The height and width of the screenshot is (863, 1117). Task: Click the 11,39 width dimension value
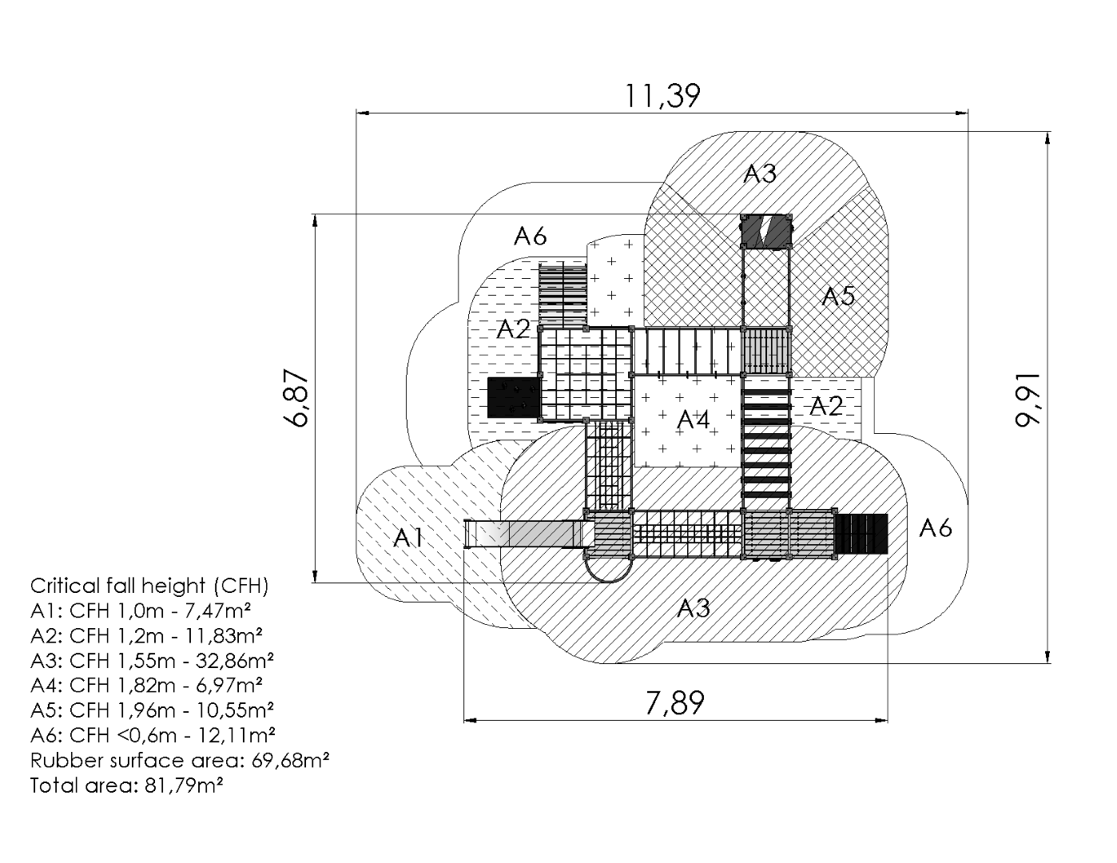[x=662, y=96]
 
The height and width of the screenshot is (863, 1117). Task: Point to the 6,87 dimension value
[x=298, y=398]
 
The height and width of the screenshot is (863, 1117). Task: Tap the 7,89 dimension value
[x=675, y=704]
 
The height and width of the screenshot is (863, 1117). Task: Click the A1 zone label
[x=408, y=538]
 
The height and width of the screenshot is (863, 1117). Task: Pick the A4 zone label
[x=694, y=419]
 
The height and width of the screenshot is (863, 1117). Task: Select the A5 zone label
[x=839, y=296]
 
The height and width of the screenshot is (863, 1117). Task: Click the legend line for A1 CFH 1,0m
[x=141, y=610]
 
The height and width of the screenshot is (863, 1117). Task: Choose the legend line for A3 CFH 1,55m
[x=153, y=660]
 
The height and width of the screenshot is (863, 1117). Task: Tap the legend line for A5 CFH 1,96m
[x=153, y=710]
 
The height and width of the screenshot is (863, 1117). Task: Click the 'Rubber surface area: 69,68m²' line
[x=181, y=760]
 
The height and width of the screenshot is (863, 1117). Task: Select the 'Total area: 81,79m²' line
[x=126, y=785]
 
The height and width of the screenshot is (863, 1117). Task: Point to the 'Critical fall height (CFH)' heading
[x=149, y=586]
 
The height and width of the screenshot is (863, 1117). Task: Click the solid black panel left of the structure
[x=514, y=397]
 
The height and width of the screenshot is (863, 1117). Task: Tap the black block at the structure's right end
[x=861, y=534]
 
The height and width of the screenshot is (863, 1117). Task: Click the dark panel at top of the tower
[x=766, y=231]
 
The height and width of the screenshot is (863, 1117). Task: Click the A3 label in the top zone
[x=759, y=173]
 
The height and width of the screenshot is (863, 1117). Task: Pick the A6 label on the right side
[x=936, y=527]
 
